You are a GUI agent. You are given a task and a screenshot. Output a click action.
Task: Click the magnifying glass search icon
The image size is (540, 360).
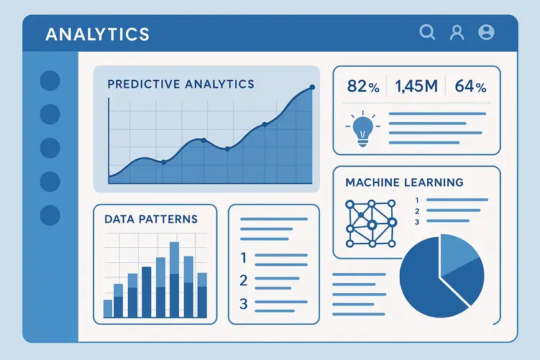point(427,32)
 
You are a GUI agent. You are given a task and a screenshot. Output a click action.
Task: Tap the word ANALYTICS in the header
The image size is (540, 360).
point(97,34)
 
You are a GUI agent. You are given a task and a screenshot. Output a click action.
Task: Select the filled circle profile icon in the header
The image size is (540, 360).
point(486,32)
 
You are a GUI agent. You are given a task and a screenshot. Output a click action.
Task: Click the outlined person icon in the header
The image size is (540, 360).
point(456,32)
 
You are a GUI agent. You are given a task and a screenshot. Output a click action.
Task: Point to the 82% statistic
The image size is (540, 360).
point(362,87)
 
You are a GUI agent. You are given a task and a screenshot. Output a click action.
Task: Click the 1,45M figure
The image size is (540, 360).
point(416,87)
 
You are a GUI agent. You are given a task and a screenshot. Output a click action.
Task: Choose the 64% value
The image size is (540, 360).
point(470,87)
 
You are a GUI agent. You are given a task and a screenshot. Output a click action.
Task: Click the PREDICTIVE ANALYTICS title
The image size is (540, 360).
point(180,84)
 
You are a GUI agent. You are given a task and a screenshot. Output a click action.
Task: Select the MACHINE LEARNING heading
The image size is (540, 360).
point(404,183)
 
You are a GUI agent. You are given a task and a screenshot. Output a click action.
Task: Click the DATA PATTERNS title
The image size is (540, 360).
point(150,218)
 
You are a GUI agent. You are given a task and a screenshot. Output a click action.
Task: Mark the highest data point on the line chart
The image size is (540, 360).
point(312,88)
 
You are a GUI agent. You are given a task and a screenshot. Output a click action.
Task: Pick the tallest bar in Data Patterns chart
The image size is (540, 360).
point(174,280)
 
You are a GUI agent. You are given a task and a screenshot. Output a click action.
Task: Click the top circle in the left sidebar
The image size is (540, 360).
point(50,80)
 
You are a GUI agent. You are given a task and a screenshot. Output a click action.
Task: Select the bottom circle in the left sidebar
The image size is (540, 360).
point(50,214)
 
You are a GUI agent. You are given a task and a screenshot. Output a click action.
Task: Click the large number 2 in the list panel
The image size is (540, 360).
point(243,280)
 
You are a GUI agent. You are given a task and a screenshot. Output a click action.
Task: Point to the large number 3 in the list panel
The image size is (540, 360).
point(243,304)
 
